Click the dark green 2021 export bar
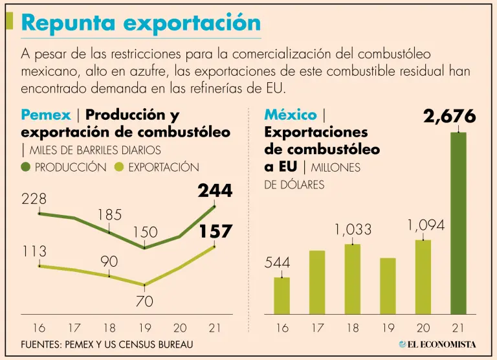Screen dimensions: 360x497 pos(458,224)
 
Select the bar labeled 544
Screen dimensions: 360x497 pos(282,297)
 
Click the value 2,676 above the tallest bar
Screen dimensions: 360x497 pos(449,117)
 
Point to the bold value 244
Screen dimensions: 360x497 pos(215,191)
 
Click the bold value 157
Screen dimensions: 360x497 pos(215,231)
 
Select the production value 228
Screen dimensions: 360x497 pos(34,199)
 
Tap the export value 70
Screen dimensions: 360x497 pos(144,301)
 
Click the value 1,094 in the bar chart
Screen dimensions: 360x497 pos(426,225)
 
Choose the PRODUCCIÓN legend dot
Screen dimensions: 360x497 pos(27,167)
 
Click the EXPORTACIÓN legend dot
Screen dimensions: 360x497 pos(119,167)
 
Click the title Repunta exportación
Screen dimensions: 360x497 pos(141,23)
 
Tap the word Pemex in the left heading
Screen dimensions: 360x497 pos(46,115)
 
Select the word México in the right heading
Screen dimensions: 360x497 pos(291,115)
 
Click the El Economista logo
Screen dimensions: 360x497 pos(437,344)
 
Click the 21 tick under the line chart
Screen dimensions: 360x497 pos(215,328)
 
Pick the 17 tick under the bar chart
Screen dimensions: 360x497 pos(317,328)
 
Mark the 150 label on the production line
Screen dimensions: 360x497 pos(145,232)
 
